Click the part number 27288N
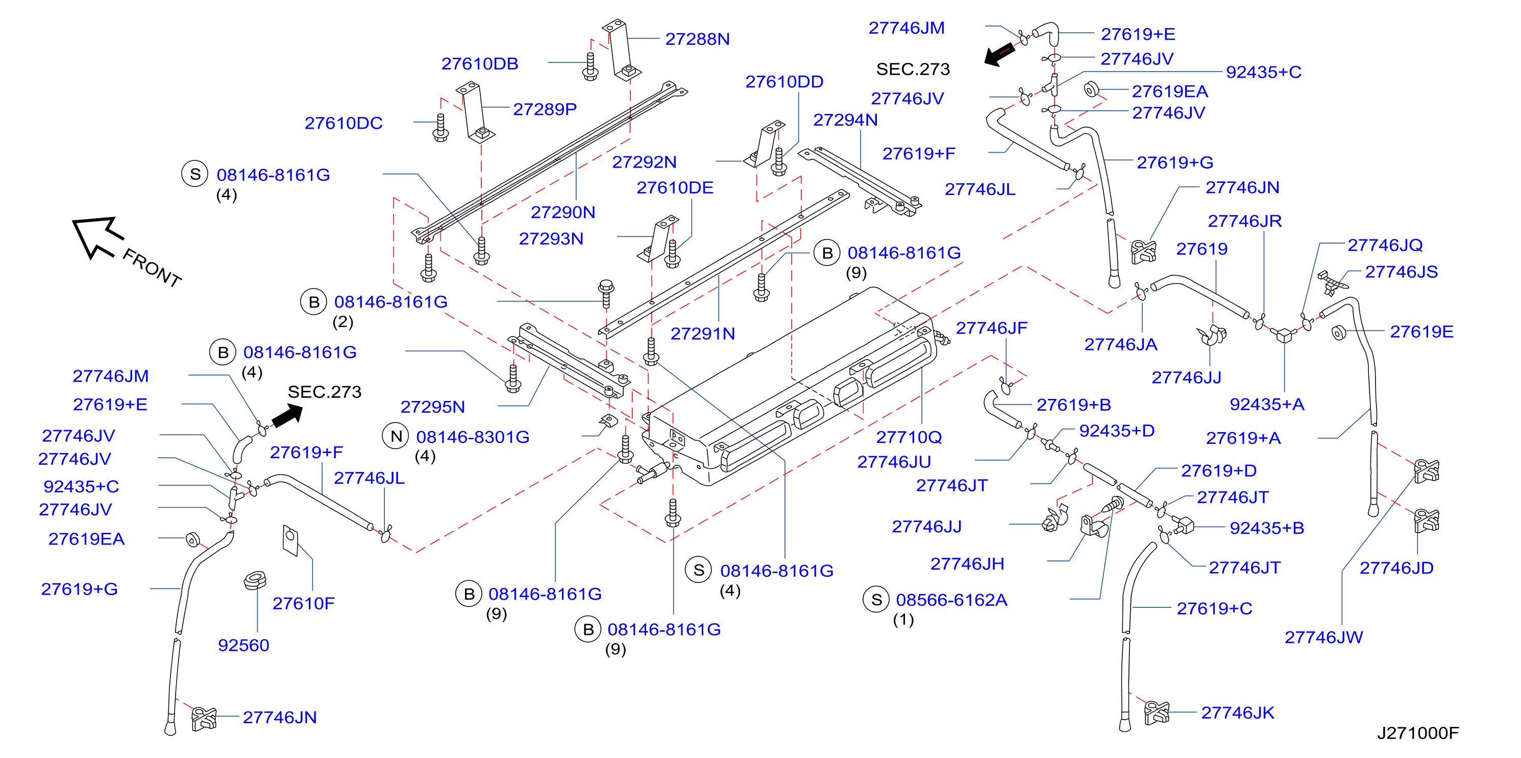coord(697,39)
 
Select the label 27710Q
coord(909,437)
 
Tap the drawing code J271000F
coord(1418,733)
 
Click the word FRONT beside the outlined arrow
coord(152,268)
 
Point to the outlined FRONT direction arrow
coord(97,237)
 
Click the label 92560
coord(243,645)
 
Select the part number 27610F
coord(304,603)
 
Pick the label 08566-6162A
coord(951,600)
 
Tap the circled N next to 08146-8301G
coord(396,437)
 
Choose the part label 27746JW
coord(1324,637)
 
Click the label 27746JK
coord(1238,713)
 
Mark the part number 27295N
coord(433,407)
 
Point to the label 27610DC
coord(344,123)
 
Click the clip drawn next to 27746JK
coord(1157,713)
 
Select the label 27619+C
coord(1215,608)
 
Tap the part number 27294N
coord(846,120)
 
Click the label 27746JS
coord(1401,272)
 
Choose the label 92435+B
coord(1267,528)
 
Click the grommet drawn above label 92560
coord(255,581)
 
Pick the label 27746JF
coord(991,328)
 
